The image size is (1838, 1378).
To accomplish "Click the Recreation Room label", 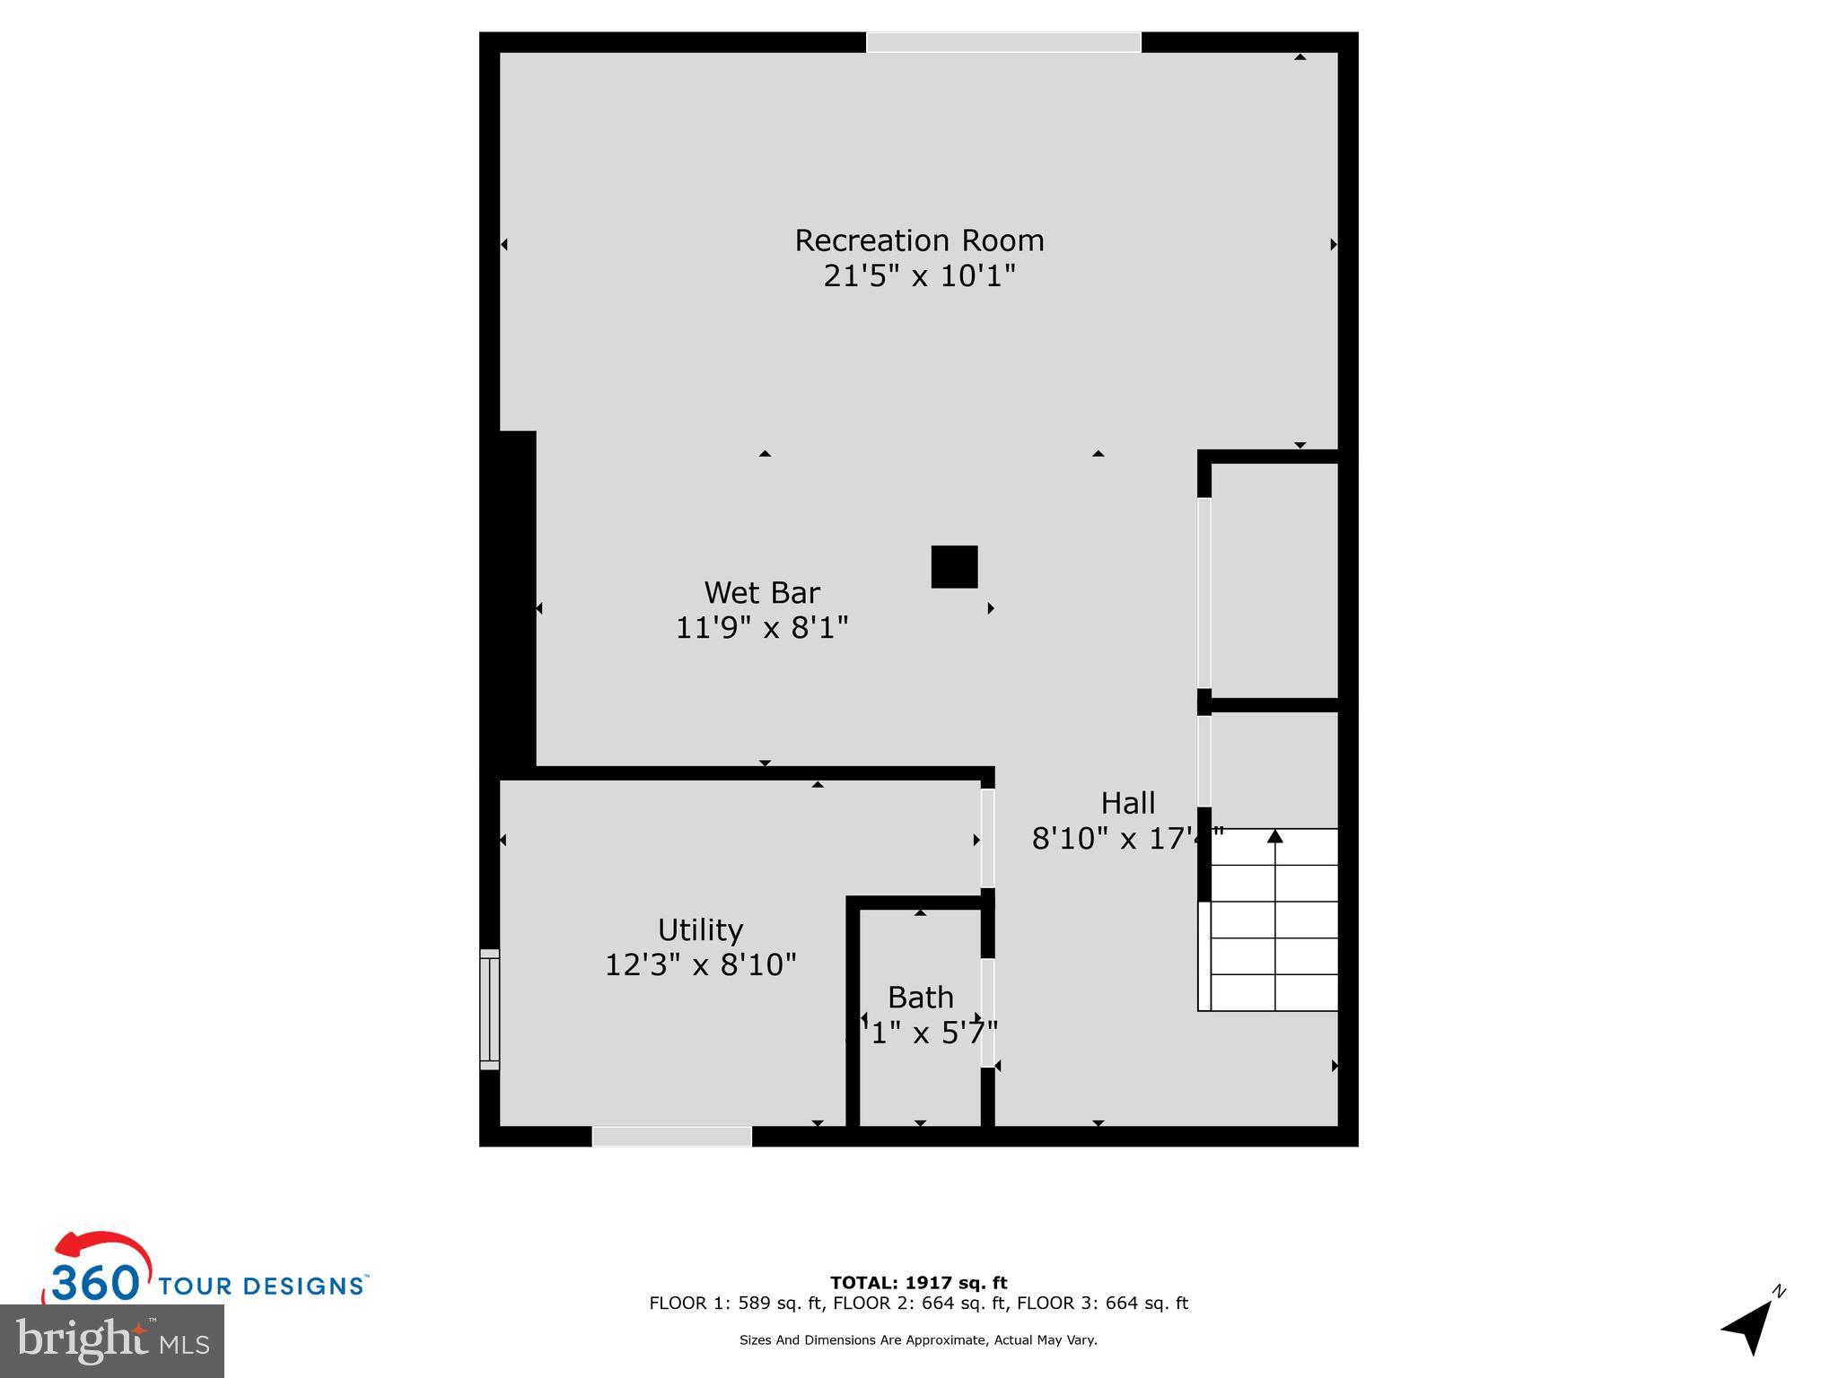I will tap(919, 240).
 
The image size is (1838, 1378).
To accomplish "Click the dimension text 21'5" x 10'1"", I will tap(919, 275).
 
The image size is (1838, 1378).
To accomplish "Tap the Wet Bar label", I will tap(762, 593).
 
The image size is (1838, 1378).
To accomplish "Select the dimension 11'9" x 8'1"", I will tap(762, 627).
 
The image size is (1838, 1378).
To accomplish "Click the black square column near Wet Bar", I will tap(954, 567).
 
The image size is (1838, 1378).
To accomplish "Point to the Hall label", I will tap(1128, 803).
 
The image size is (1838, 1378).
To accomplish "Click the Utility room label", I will tap(700, 929).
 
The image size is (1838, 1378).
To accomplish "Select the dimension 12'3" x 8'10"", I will tap(700, 965).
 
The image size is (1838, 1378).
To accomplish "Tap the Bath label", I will tap(920, 998).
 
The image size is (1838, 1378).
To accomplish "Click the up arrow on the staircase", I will tap(1274, 837).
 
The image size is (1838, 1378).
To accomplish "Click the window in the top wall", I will tap(1003, 42).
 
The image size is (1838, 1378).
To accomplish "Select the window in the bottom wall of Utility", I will tap(671, 1137).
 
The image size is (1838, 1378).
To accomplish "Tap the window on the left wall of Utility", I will tap(489, 1009).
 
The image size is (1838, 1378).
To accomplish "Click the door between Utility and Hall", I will tap(987, 838).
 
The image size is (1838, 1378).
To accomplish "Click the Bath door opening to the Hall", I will tap(987, 1013).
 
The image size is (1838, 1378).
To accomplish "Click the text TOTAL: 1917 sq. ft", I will tap(918, 1283).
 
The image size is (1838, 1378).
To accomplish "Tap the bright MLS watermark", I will tap(112, 1341).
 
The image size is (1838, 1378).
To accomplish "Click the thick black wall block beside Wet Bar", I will tap(517, 598).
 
